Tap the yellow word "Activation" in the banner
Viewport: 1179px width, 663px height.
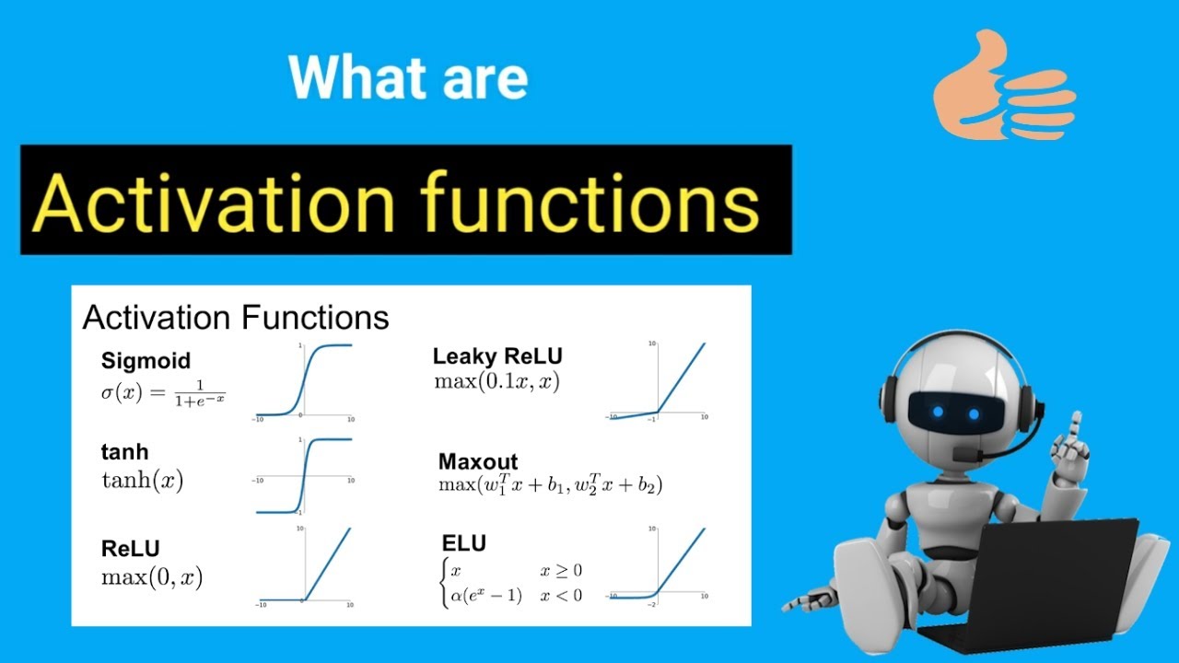213,203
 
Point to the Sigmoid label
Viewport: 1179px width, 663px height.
146,361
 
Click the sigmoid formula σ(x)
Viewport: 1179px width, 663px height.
163,393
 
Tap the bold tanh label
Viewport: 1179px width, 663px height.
124,451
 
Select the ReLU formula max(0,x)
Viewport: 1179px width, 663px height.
152,577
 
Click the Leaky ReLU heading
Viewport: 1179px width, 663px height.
497,356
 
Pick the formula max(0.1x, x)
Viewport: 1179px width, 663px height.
496,381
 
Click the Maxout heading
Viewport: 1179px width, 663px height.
478,461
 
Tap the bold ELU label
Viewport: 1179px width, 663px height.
463,543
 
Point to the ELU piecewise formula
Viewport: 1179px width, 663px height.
511,583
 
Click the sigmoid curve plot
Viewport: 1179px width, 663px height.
304,381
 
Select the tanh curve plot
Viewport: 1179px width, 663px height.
304,476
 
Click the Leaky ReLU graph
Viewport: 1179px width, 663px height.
657,381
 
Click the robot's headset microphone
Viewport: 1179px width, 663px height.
967,454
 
